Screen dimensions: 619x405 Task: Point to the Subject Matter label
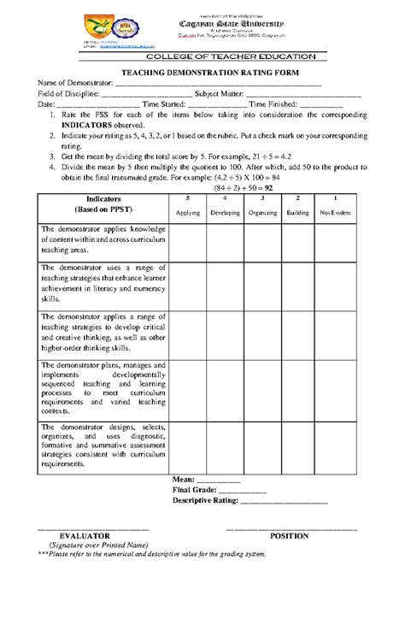pos(219,94)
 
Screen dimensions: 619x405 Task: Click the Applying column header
pos(187,212)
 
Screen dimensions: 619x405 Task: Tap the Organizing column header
pos(261,212)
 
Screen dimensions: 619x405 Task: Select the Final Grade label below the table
pos(194,490)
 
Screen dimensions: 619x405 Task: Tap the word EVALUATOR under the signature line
pos(85,536)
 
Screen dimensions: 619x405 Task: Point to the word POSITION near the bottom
pos(289,536)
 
